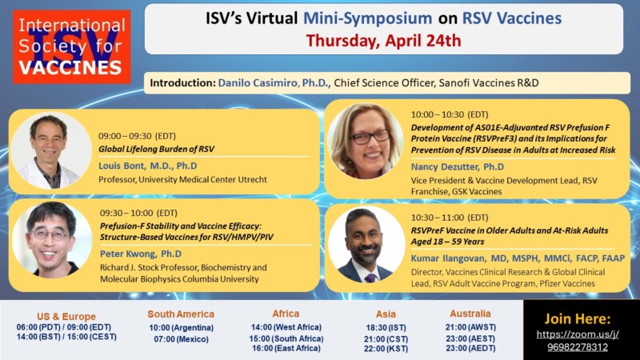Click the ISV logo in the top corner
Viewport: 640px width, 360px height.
[x=72, y=46]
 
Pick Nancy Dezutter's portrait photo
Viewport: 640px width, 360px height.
[x=366, y=142]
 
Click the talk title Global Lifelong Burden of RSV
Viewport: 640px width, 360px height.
[x=157, y=149]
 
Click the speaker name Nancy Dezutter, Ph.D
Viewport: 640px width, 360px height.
[x=458, y=166]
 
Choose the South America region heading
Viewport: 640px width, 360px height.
[x=182, y=314]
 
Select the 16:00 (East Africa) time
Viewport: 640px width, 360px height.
[x=286, y=349]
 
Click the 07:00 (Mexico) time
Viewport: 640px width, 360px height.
[x=181, y=340]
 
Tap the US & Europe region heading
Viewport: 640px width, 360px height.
[x=66, y=316]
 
